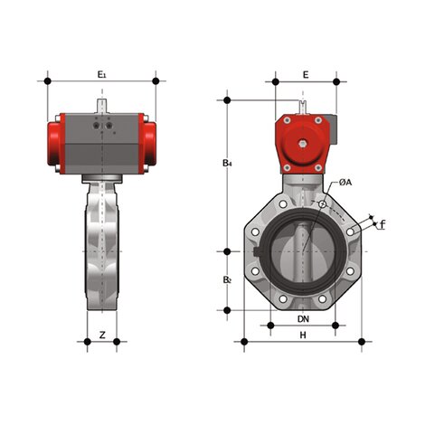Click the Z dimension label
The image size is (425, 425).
point(102,335)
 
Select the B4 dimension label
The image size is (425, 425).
point(229,164)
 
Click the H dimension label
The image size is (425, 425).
point(304,335)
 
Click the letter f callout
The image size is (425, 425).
point(382,223)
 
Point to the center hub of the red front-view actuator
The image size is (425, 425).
point(305,143)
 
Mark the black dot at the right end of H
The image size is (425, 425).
point(366,341)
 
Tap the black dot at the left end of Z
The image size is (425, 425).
point(85,341)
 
